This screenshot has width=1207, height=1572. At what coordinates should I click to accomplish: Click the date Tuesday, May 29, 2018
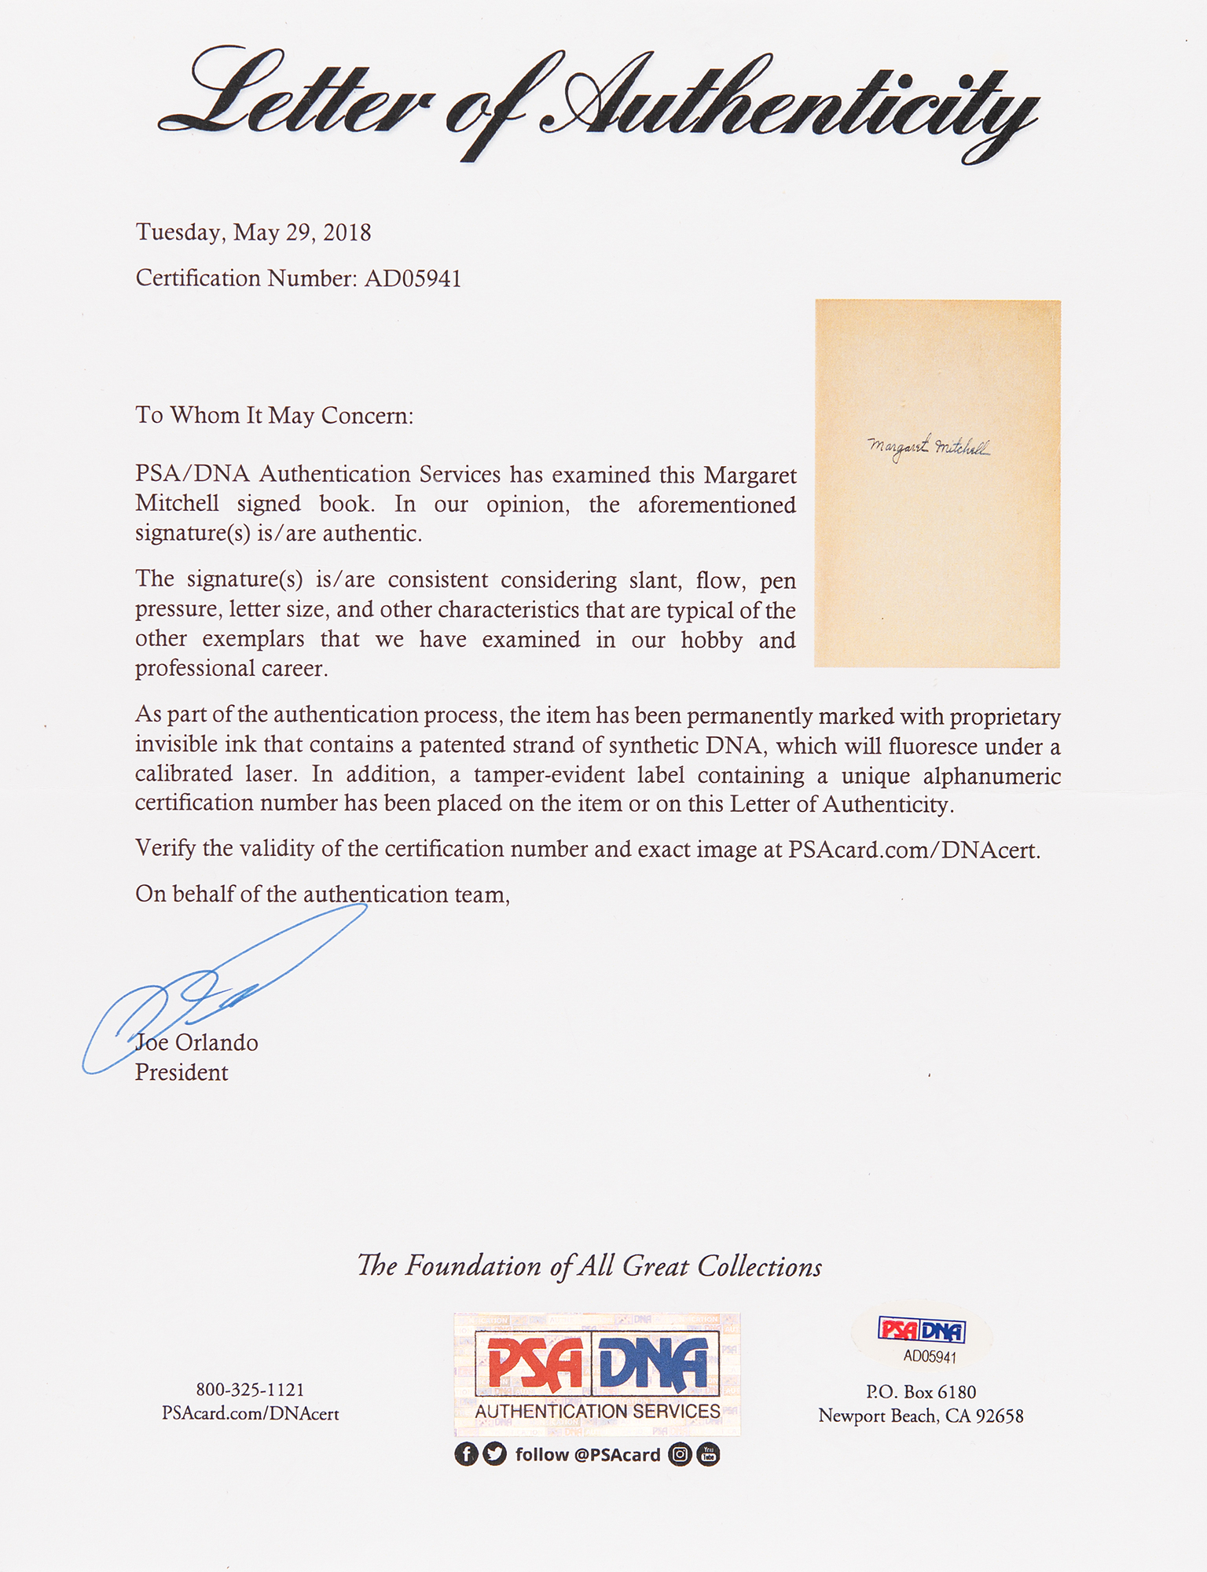pyautogui.click(x=253, y=233)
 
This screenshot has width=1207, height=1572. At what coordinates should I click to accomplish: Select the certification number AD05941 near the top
pyautogui.click(x=413, y=278)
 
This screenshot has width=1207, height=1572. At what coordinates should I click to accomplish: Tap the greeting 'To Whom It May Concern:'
pyautogui.click(x=274, y=415)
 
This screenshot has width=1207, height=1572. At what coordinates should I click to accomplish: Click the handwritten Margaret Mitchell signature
pyautogui.click(x=928, y=447)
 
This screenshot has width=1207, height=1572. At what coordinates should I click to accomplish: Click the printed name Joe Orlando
pyautogui.click(x=196, y=1042)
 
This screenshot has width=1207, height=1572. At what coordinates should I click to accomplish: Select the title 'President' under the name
pyautogui.click(x=182, y=1072)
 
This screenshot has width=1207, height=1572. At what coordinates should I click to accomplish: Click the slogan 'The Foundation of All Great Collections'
pyautogui.click(x=589, y=1266)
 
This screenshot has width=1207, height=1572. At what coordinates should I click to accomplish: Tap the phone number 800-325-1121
pyautogui.click(x=250, y=1390)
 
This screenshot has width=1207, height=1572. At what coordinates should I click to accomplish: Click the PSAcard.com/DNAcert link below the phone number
pyautogui.click(x=250, y=1413)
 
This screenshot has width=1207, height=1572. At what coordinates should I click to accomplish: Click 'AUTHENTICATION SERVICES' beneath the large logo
pyautogui.click(x=597, y=1411)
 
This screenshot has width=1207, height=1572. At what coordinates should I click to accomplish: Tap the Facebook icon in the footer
pyautogui.click(x=466, y=1454)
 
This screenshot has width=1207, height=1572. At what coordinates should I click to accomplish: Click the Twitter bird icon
pyautogui.click(x=495, y=1454)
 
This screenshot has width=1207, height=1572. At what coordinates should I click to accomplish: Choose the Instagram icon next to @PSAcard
pyautogui.click(x=680, y=1454)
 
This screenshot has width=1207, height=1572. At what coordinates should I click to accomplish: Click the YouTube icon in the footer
pyautogui.click(x=708, y=1454)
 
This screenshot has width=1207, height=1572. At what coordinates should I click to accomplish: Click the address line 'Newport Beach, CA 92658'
pyautogui.click(x=920, y=1416)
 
